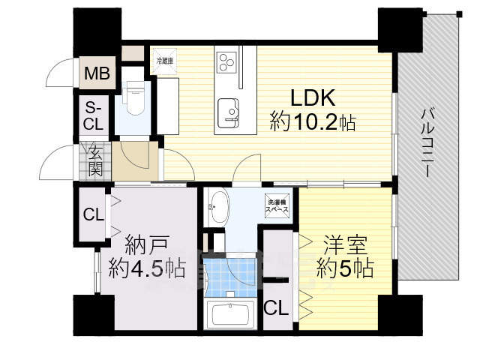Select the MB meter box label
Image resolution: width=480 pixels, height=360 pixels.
click(x=95, y=74)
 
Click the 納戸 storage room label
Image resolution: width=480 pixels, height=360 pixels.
click(x=145, y=244)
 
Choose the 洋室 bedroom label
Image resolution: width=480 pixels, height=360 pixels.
click(x=343, y=244)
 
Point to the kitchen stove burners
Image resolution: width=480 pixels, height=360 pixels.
click(x=227, y=59)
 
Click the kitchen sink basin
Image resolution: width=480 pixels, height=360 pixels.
click(x=229, y=112)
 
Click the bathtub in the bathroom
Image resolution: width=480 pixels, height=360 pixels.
click(x=230, y=314)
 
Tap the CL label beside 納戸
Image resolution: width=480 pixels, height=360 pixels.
click(x=94, y=215)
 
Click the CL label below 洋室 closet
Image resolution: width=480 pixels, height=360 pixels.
click(x=275, y=308)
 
